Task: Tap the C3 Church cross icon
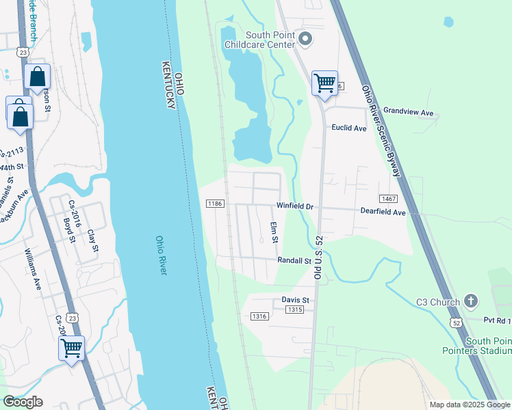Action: point(470,301)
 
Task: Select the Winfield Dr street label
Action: point(294,206)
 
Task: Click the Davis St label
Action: point(296,300)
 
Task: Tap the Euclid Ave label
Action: point(349,128)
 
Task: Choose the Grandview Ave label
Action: point(409,111)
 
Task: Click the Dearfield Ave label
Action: point(383,213)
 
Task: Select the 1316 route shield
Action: point(259,316)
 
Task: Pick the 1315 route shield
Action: point(294,310)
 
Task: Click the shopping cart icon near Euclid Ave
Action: point(324,83)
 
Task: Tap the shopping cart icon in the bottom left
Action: point(71,348)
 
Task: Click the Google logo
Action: point(23,402)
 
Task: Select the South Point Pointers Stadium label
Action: point(488,346)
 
